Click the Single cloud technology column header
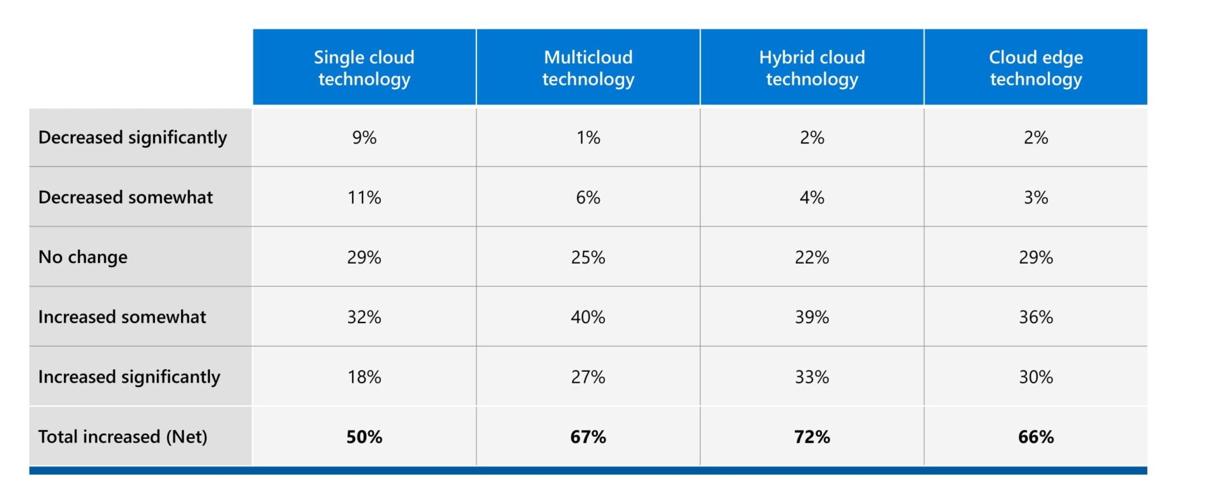[364, 68]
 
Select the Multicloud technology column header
[588, 68]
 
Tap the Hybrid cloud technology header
[812, 68]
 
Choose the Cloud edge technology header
[1035, 68]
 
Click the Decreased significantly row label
[132, 137]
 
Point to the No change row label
[83, 257]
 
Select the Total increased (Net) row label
[123, 436]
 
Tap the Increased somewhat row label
[122, 317]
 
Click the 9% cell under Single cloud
[364, 137]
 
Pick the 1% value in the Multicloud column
[588, 137]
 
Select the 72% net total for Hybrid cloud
[812, 436]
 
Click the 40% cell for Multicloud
[588, 317]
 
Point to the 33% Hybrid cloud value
[812, 377]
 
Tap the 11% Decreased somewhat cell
[364, 197]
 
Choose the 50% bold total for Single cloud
[364, 436]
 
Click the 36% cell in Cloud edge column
[1035, 317]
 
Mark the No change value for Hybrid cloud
[812, 257]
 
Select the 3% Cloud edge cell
[1035, 197]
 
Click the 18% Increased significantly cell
[364, 377]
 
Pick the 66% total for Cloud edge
[1035, 436]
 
